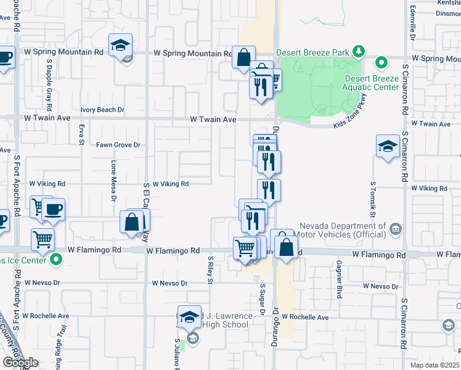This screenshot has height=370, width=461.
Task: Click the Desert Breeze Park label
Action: pos(313,52)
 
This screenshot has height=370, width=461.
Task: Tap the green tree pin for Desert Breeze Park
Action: pos(357,52)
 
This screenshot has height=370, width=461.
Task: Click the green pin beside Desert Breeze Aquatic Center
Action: pos(381,62)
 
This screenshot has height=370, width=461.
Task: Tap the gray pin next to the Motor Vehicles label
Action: pos(396,229)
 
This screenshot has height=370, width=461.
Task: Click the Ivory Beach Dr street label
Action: pos(102,110)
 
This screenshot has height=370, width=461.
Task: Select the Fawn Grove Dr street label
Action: pos(118,145)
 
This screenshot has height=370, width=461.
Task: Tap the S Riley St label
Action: pos(210,271)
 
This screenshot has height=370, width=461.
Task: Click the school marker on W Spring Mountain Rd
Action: pos(120,45)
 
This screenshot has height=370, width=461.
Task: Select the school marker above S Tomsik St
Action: pos(388,146)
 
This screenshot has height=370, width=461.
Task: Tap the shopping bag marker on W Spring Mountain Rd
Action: pos(243,57)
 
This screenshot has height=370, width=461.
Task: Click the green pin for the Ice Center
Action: pos(57,260)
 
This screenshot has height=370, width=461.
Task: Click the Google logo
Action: pos(20,363)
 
